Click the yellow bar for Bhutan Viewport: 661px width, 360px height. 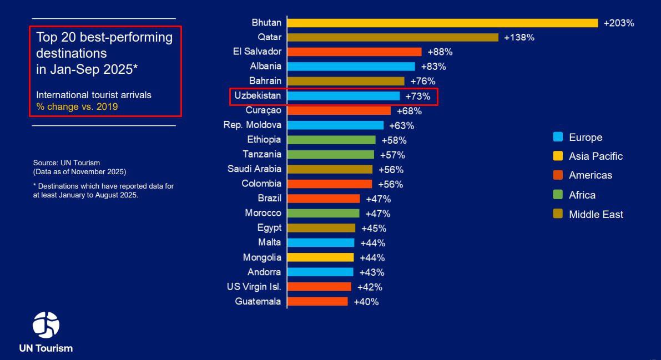442,23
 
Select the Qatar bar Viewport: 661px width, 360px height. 393,37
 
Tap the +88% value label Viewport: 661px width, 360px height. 440,52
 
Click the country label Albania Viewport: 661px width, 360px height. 265,66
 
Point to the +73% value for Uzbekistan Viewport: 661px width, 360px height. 418,96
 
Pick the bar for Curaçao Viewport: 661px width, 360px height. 339,110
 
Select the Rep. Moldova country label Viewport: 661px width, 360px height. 252,125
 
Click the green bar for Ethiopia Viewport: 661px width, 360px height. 331,140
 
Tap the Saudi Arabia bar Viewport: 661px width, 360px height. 330,169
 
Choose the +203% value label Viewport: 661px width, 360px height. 619,23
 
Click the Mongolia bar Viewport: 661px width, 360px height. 321,257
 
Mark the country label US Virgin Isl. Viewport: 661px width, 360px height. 254,287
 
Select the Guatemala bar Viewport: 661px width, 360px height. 317,301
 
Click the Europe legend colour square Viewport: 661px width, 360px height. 558,137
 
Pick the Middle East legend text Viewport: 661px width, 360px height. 596,215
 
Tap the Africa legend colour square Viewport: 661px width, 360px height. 558,195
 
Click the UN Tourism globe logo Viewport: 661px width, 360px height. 46,325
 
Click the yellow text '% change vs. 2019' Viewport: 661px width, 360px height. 77,107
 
